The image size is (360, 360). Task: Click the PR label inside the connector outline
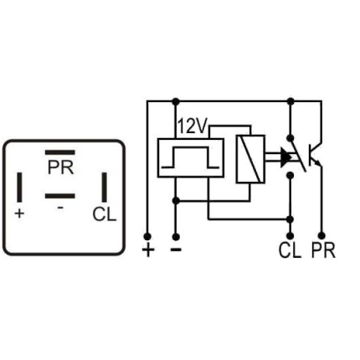(60, 167)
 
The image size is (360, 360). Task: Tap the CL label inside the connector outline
(104, 214)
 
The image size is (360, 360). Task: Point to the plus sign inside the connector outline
(19, 213)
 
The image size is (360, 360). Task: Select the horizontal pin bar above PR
(60, 153)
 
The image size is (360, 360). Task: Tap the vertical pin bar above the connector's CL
(104, 187)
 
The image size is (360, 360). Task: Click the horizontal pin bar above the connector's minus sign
(60, 196)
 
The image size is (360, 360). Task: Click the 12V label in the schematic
(192, 126)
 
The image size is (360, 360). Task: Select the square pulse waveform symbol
(190, 157)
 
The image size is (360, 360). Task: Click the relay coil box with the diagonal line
(250, 158)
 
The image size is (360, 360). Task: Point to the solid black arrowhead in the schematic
(285, 157)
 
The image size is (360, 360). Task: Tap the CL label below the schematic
(290, 250)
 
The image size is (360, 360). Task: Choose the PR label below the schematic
(322, 250)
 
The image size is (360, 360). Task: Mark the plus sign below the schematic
(148, 250)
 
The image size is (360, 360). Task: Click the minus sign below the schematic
(175, 249)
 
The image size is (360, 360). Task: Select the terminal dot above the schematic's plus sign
(148, 235)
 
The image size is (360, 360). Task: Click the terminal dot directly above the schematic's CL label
(290, 235)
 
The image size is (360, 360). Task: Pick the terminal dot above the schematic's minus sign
(175, 235)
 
